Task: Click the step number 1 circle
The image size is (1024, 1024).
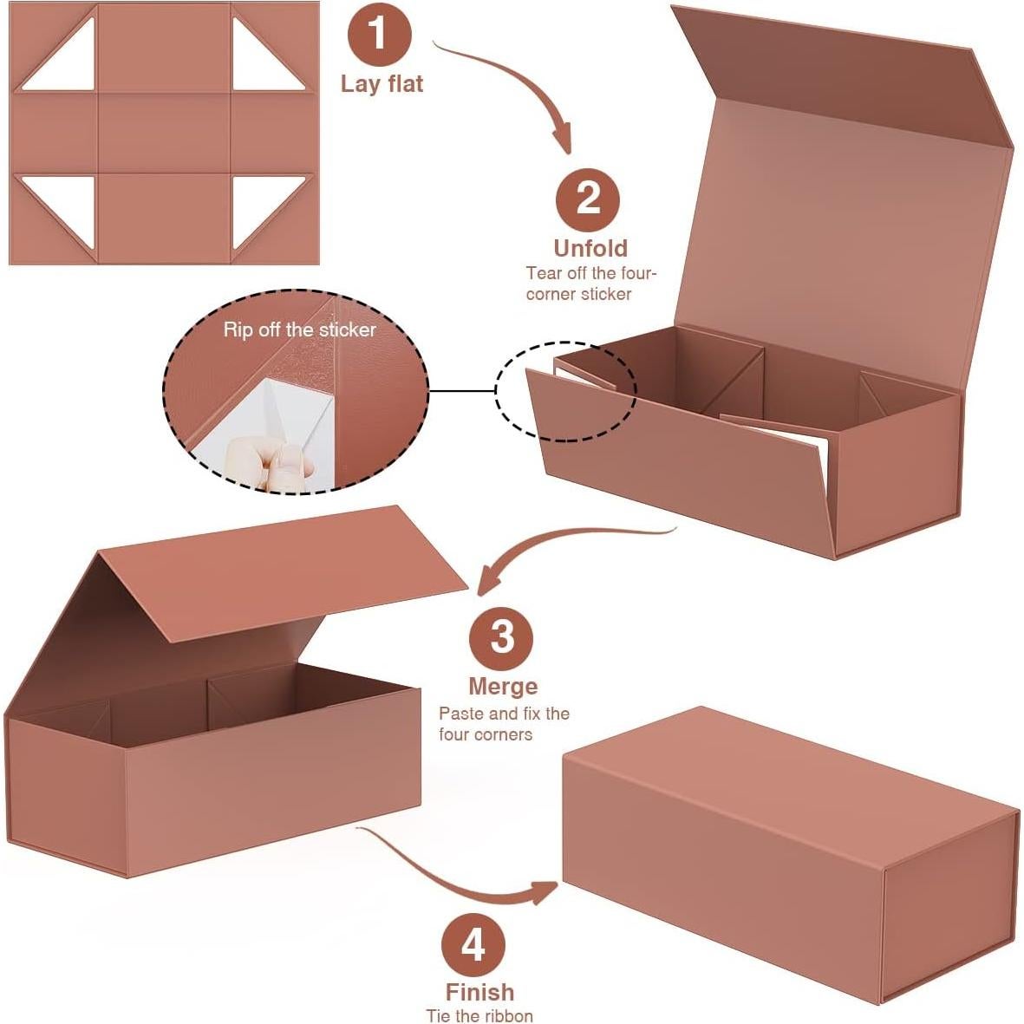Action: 379,34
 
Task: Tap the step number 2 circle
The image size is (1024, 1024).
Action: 588,199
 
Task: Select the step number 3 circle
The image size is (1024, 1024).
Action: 502,638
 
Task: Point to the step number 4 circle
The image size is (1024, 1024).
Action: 473,944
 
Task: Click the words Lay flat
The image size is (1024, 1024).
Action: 382,84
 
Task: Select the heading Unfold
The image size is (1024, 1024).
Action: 590,248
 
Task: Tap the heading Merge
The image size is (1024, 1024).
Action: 503,686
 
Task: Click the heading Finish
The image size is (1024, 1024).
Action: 479,992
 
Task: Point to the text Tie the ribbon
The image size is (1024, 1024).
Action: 479,1015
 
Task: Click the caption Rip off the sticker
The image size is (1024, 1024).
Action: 299,329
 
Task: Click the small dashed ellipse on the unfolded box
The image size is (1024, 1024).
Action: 566,390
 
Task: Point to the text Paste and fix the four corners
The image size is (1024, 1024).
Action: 504,724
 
